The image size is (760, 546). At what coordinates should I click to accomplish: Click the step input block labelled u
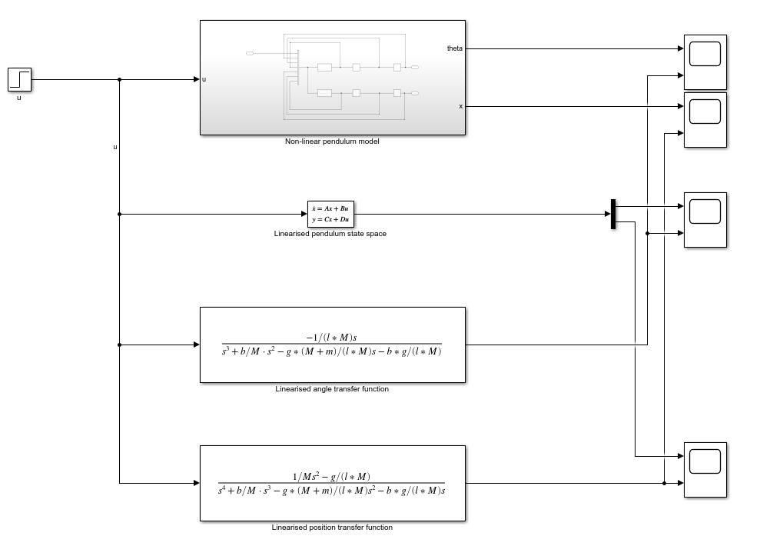(x=19, y=79)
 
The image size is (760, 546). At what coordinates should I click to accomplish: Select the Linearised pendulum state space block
(x=331, y=213)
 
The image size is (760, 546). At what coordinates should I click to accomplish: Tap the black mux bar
(x=613, y=214)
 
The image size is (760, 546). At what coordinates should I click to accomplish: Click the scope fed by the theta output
(x=705, y=62)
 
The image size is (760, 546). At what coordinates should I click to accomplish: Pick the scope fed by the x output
(x=705, y=119)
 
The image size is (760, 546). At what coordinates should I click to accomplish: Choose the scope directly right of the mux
(x=705, y=219)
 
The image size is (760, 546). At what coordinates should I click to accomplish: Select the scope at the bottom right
(x=705, y=469)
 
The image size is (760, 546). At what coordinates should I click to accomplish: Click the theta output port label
(x=455, y=48)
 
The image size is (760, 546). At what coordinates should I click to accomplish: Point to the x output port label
(x=460, y=106)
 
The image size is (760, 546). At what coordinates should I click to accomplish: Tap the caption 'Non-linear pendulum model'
(x=332, y=141)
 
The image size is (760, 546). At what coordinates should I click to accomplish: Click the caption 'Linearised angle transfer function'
(x=332, y=389)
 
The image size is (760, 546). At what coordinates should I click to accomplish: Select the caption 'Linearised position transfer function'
(x=332, y=528)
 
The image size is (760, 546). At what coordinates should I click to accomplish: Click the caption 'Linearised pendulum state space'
(x=330, y=234)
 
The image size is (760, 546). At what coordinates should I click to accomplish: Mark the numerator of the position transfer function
(x=331, y=476)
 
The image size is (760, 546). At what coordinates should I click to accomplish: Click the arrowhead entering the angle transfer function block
(x=196, y=345)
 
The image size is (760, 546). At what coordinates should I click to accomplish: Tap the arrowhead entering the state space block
(x=304, y=214)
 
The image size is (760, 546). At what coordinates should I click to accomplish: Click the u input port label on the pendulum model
(x=204, y=79)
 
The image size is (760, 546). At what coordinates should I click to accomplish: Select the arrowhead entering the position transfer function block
(x=196, y=483)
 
